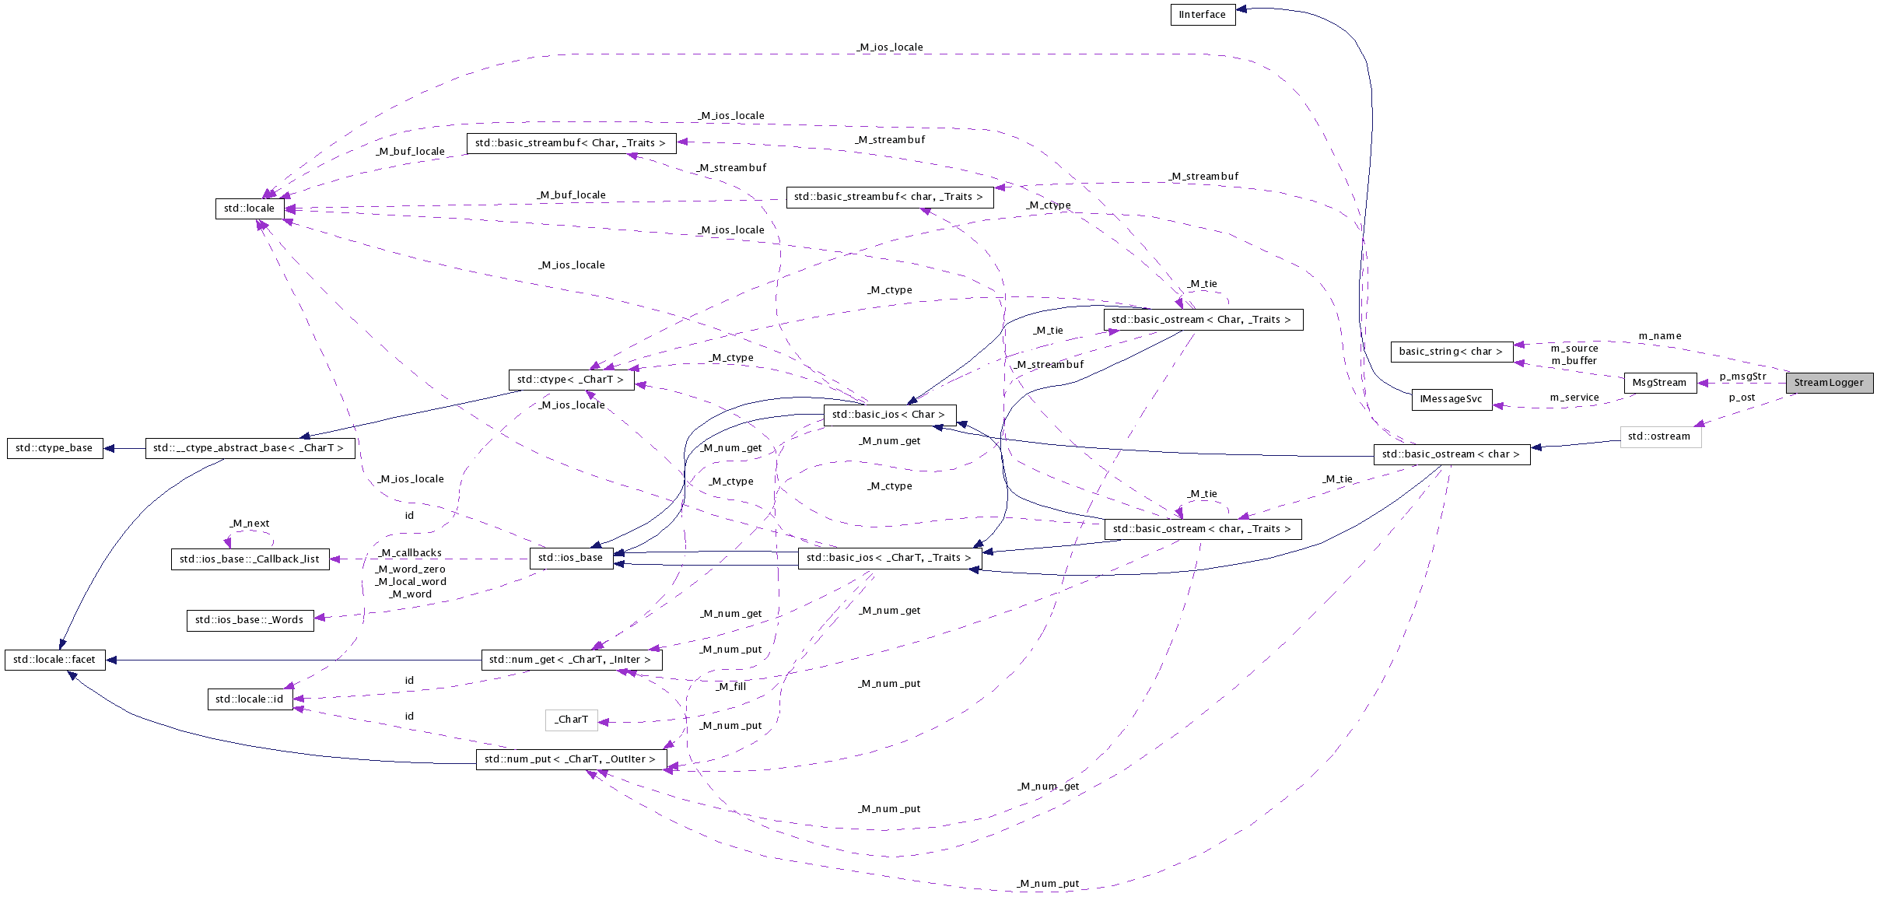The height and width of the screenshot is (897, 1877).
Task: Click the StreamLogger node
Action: point(1829,383)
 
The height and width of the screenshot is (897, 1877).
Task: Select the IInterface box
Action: point(1203,15)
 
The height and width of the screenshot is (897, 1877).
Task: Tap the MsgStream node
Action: point(1659,383)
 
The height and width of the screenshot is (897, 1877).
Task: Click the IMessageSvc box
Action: point(1451,399)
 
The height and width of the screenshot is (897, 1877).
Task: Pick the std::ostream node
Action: point(1659,436)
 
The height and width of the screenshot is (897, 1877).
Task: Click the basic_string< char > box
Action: point(1451,352)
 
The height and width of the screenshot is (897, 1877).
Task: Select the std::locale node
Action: point(249,208)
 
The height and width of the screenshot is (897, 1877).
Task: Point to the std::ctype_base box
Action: point(54,448)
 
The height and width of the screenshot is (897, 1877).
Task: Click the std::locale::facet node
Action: point(54,660)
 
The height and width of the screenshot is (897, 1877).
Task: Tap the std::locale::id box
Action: point(250,699)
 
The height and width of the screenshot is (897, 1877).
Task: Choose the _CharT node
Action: point(572,720)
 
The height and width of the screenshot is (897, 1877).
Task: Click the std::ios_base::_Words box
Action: point(250,620)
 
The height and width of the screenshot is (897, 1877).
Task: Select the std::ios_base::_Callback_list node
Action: point(250,559)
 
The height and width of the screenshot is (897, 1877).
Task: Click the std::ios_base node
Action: point(571,558)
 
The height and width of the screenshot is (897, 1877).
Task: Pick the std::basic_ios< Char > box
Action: point(888,415)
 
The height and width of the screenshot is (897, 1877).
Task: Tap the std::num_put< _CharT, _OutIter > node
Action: point(570,759)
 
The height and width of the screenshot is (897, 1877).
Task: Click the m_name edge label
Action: point(1660,336)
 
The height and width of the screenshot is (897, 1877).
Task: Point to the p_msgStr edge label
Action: point(1742,377)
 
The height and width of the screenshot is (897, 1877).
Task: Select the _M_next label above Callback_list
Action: point(250,524)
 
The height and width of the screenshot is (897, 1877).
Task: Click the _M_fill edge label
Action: point(731,687)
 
